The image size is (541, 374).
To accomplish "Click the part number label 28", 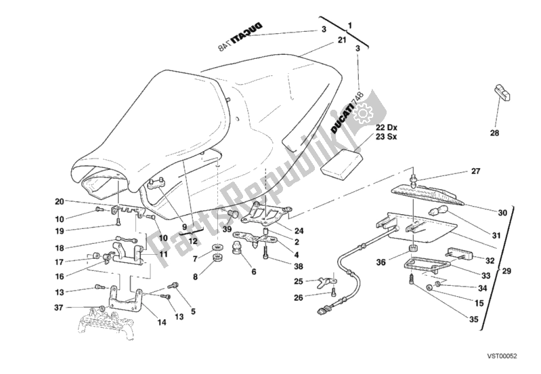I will point(494,133).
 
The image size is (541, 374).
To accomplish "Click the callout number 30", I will point(502,213).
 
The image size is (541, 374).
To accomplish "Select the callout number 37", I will point(59,308).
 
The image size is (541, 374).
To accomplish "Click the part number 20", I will point(59,201).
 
